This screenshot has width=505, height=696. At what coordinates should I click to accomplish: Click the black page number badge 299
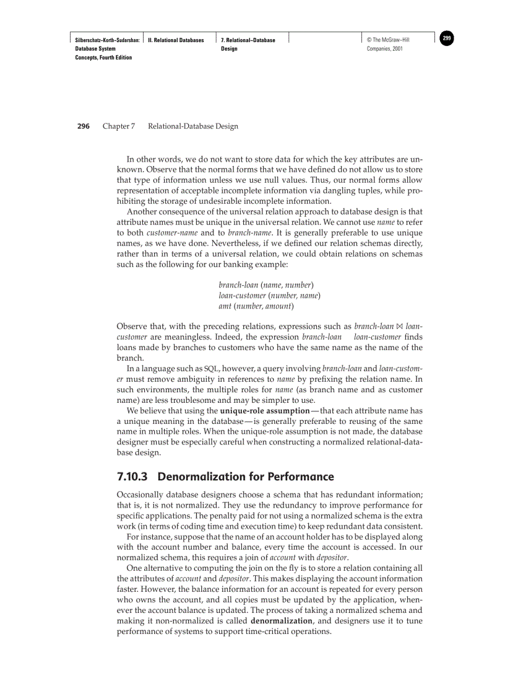click(447, 39)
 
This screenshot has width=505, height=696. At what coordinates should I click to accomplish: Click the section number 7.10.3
click(134, 477)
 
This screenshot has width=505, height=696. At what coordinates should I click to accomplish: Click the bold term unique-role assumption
click(265, 411)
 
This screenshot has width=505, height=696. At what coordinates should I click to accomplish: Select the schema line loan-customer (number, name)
click(270, 296)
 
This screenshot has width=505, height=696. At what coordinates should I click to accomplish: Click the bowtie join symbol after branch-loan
click(399, 326)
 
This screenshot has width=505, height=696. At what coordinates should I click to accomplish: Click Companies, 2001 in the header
click(385, 49)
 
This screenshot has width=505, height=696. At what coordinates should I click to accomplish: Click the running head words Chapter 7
click(119, 126)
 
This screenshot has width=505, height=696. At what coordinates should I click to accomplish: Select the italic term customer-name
click(171, 232)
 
